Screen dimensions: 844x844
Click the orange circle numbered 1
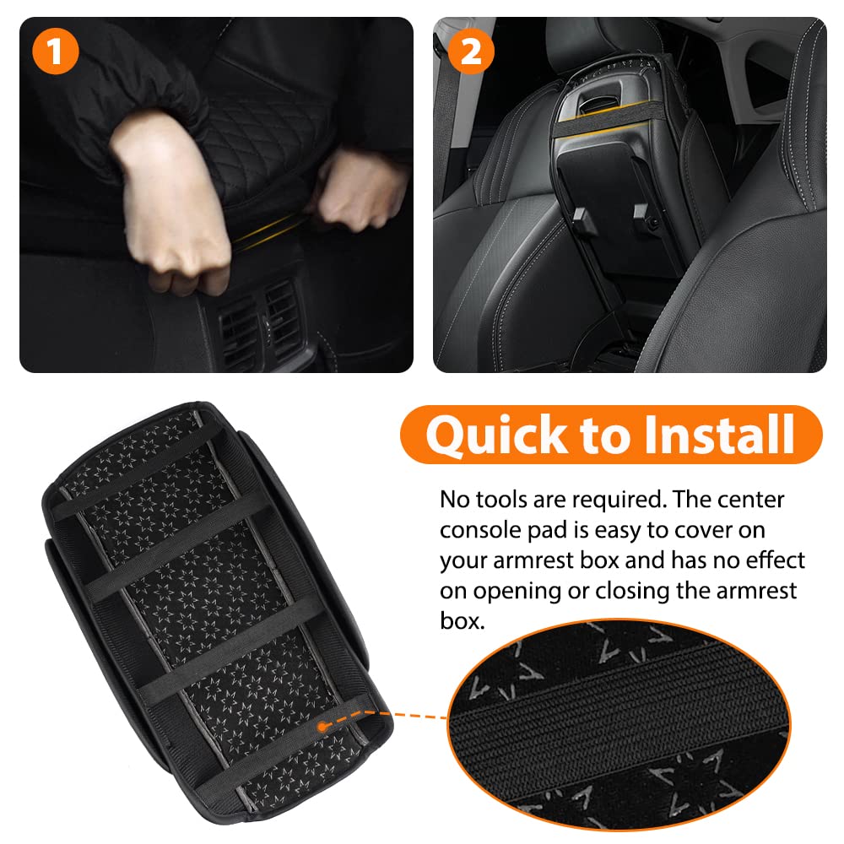click(x=56, y=51)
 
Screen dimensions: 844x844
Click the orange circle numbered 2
click(x=471, y=51)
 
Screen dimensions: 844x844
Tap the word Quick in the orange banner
click(x=496, y=436)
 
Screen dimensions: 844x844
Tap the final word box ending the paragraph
click(x=462, y=621)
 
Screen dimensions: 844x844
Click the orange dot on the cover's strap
click(x=322, y=727)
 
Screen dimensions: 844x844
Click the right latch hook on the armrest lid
click(x=644, y=214)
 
